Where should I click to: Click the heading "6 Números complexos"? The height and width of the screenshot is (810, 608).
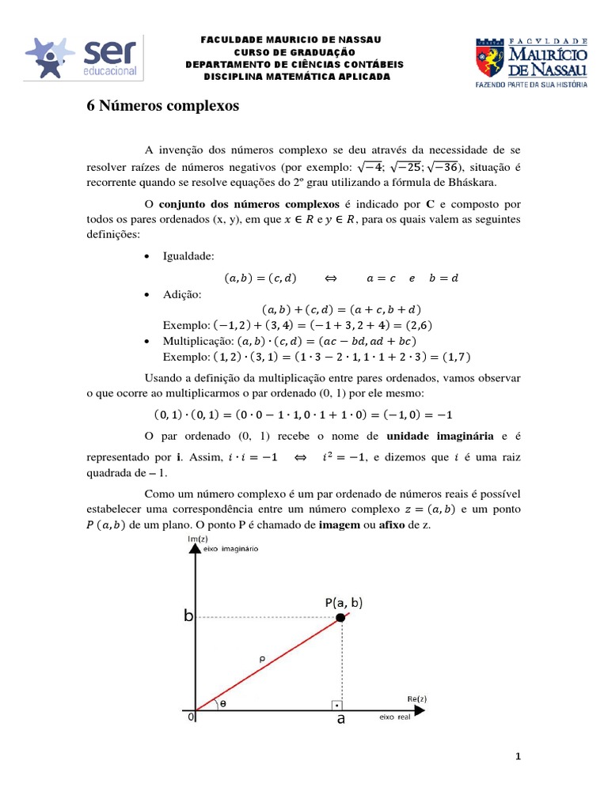[161, 106]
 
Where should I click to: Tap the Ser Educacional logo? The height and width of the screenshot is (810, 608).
[83, 58]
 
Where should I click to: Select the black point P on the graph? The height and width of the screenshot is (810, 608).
[340, 618]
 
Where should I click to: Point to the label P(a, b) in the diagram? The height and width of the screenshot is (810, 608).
[344, 602]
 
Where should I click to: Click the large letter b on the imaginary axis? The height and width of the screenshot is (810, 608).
[188, 616]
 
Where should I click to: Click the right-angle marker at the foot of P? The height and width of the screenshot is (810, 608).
[336, 704]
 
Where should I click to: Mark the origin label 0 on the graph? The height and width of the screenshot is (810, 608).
[190, 717]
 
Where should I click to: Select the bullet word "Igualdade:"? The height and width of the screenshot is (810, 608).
[188, 256]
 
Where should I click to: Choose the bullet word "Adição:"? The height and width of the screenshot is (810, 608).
[182, 293]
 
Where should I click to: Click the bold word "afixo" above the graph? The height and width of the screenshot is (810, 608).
[402, 528]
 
